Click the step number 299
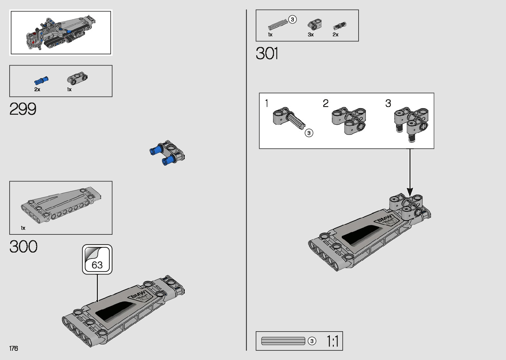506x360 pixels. (x=23, y=109)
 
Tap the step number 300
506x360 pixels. (x=23, y=247)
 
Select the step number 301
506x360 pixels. (x=267, y=54)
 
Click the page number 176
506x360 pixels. (x=14, y=348)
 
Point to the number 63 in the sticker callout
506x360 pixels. (x=97, y=265)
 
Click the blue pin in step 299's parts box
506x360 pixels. (x=41, y=81)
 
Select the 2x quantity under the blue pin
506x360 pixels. (x=37, y=90)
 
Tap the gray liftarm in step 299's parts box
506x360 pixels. (x=78, y=78)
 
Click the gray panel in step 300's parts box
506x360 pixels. (x=61, y=203)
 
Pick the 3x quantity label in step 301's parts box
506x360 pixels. (x=311, y=35)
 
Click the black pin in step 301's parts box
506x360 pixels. (x=340, y=25)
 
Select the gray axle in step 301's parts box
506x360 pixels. (x=277, y=24)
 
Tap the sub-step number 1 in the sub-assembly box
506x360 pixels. (x=266, y=103)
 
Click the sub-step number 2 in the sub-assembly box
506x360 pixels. (x=326, y=103)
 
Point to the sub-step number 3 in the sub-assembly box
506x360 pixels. (x=388, y=103)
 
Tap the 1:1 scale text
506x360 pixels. (x=332, y=341)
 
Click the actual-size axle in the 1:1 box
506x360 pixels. (x=283, y=341)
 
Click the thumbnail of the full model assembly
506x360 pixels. (x=61, y=32)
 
